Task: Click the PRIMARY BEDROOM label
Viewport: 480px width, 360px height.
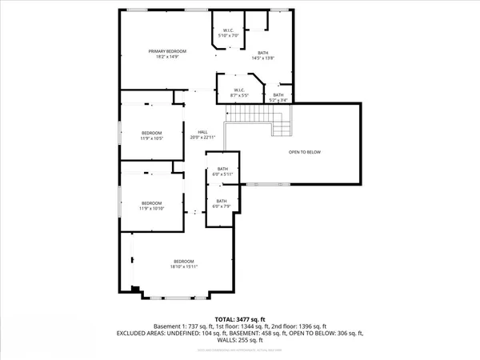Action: pyautogui.click(x=162, y=51)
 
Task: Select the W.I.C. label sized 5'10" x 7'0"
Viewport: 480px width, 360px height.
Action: pyautogui.click(x=228, y=33)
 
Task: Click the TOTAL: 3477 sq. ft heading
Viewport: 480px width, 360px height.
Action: pyautogui.click(x=240, y=318)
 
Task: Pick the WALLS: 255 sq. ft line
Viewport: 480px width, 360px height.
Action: pyautogui.click(x=240, y=339)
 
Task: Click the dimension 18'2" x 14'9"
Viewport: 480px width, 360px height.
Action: pyautogui.click(x=162, y=57)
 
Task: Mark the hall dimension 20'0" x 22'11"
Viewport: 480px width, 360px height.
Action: pyautogui.click(x=194, y=138)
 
